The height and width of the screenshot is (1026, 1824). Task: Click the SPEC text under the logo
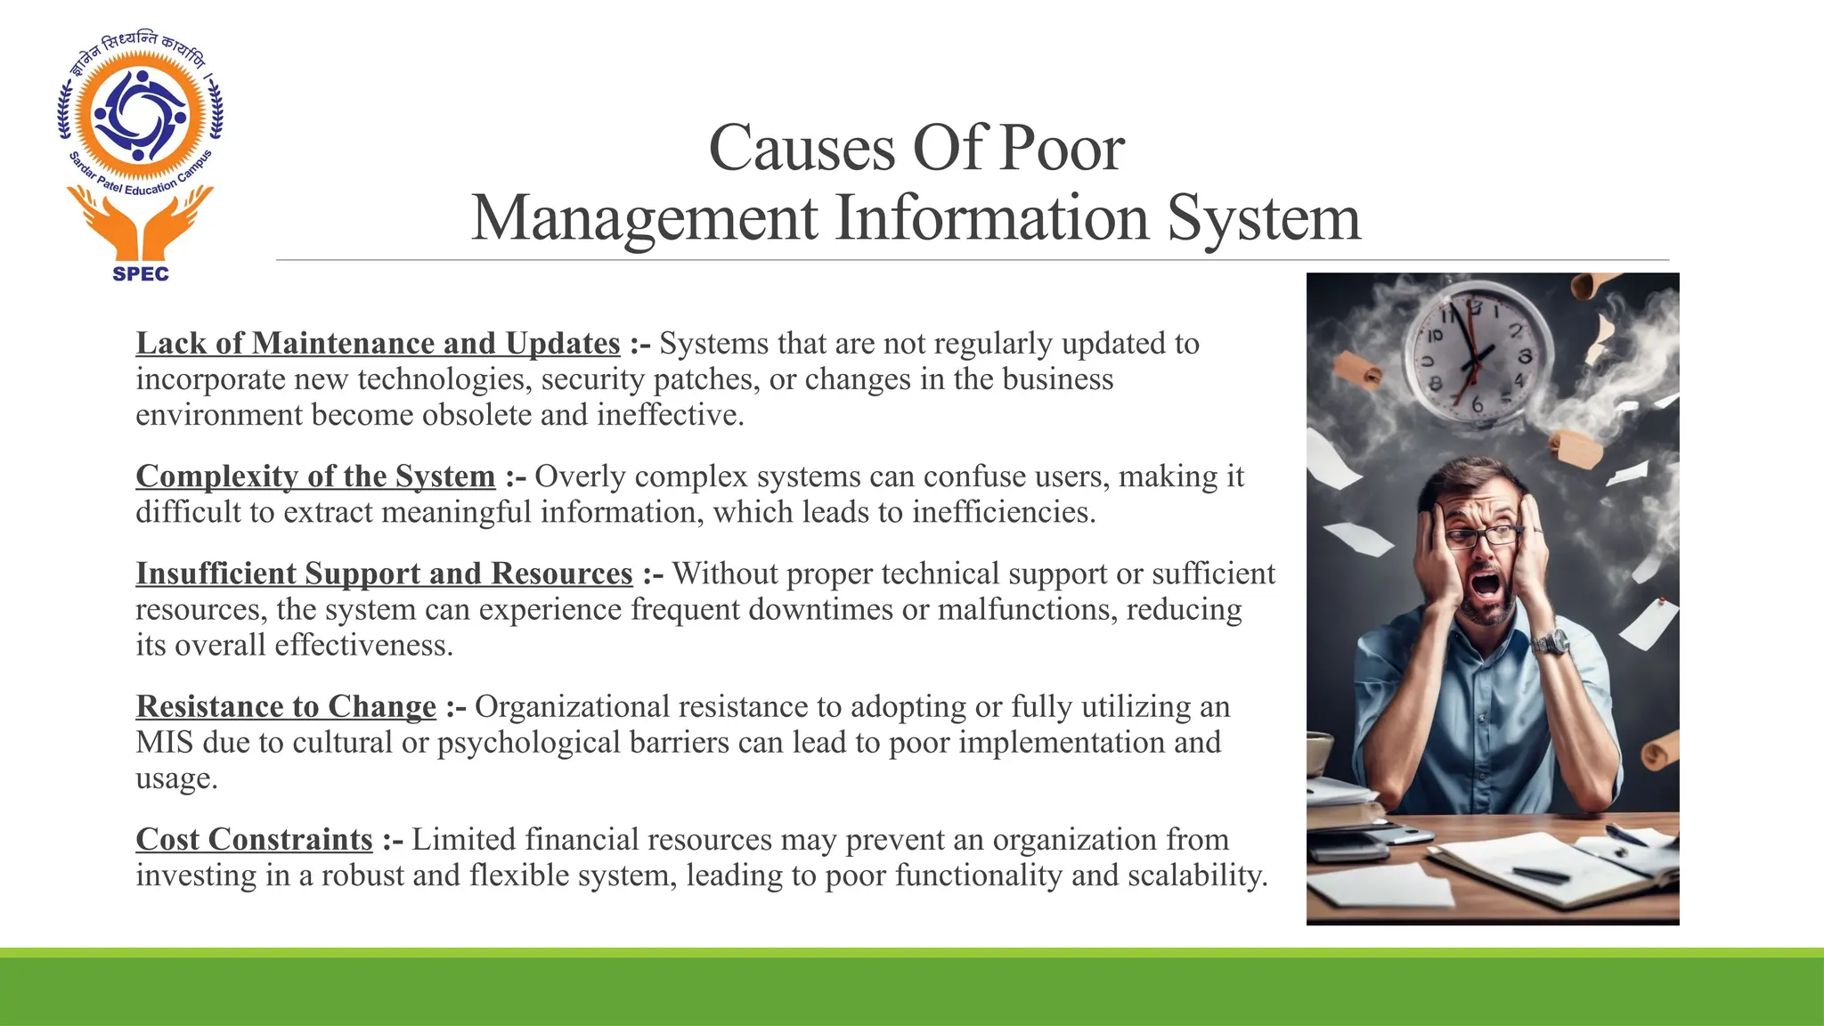click(141, 274)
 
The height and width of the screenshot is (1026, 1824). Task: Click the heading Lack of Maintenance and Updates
click(378, 344)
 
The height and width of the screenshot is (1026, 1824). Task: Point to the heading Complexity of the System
click(315, 476)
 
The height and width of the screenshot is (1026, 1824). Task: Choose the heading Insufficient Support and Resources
click(384, 574)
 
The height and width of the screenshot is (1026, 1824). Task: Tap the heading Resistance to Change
click(286, 706)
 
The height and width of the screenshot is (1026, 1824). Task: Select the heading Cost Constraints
click(254, 839)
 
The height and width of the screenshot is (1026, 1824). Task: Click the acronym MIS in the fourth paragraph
click(165, 742)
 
